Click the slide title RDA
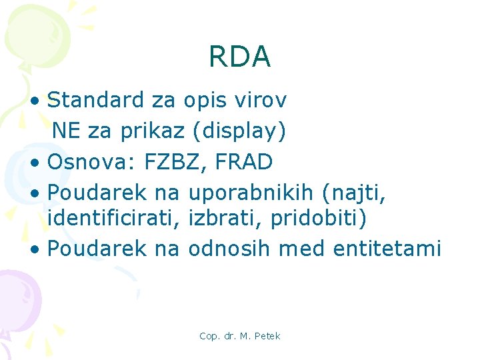[239, 57]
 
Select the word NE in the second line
[66, 131]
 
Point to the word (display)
[239, 131]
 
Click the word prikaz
[152, 131]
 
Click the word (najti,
[354, 193]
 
